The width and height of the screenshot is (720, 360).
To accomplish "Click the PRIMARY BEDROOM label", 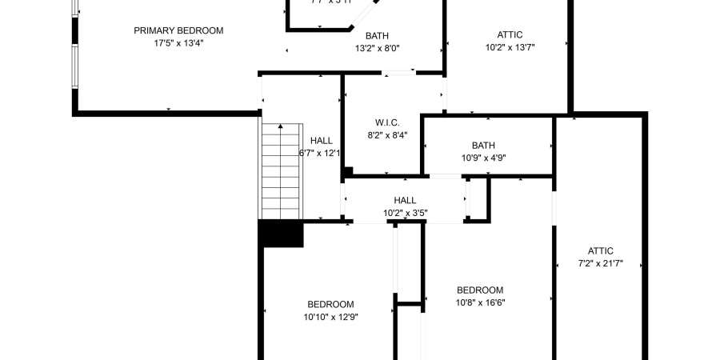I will (178, 30).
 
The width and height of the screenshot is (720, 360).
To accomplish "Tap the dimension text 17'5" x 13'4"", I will (178, 43).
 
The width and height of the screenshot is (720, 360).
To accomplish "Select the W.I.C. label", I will (387, 122).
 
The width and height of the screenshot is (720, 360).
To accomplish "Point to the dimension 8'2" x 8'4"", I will (387, 135).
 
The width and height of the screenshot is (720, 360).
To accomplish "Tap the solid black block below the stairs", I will (281, 234).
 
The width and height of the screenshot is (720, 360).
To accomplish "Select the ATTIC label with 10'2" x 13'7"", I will (510, 34).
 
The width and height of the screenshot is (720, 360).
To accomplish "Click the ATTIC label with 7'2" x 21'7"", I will (600, 250).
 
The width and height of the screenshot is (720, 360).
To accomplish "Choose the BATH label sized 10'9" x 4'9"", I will (483, 145).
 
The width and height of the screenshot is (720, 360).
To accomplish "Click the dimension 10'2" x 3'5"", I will (405, 213).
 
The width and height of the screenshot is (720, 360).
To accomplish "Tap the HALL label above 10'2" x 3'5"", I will (405, 200).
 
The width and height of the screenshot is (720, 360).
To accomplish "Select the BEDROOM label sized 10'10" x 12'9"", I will (330, 304).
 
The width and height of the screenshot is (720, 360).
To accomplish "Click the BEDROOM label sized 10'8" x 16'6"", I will (480, 290).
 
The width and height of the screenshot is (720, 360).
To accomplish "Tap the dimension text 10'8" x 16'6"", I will (480, 302).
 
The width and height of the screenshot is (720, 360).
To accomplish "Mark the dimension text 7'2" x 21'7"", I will (600, 263).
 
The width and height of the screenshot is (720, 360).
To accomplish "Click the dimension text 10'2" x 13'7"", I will (510, 47).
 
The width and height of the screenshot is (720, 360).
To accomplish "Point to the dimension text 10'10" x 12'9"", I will (330, 317).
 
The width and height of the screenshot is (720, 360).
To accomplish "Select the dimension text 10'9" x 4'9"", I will (483, 158).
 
